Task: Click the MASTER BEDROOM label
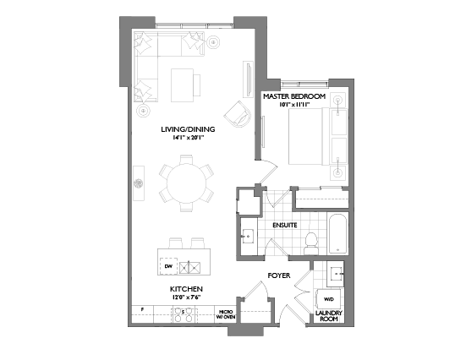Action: [293, 97]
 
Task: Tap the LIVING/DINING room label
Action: [188, 128]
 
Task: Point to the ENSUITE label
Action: [283, 226]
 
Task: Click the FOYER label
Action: [279, 275]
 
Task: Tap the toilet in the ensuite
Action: [310, 242]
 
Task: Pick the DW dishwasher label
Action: [169, 267]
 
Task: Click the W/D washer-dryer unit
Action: [327, 298]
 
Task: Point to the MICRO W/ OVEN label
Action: [226, 314]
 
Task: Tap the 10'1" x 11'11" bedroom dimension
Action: [293, 106]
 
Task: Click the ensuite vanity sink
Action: [249, 234]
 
